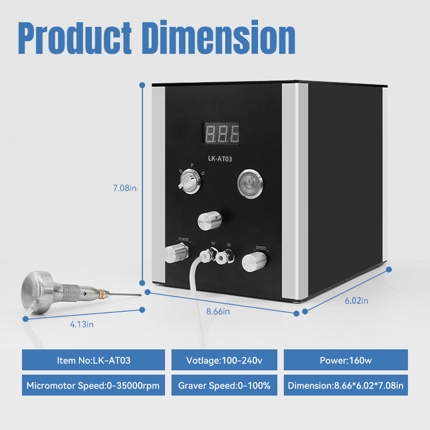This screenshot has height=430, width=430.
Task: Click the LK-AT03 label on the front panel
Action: pos(221,159)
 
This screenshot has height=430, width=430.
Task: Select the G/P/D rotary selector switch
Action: pos(190,185)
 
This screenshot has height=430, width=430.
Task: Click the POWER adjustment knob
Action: pos(175,252)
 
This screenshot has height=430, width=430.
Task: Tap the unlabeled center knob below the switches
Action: pos(209,220)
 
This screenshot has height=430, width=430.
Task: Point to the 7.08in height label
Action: pos(125,188)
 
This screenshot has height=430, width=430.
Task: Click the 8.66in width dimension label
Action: pos(219,311)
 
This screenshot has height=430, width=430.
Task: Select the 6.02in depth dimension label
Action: pos(356,300)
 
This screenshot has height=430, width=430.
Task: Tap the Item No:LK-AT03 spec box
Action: pos(94,360)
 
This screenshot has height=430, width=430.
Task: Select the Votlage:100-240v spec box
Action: pos(224,360)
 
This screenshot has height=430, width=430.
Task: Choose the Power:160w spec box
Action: pos(345,360)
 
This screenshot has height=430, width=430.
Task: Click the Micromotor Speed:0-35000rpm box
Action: pos(94,385)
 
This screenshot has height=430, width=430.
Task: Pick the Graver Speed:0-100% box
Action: pos(224,385)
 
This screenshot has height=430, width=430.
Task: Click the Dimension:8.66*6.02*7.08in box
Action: pos(345,385)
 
